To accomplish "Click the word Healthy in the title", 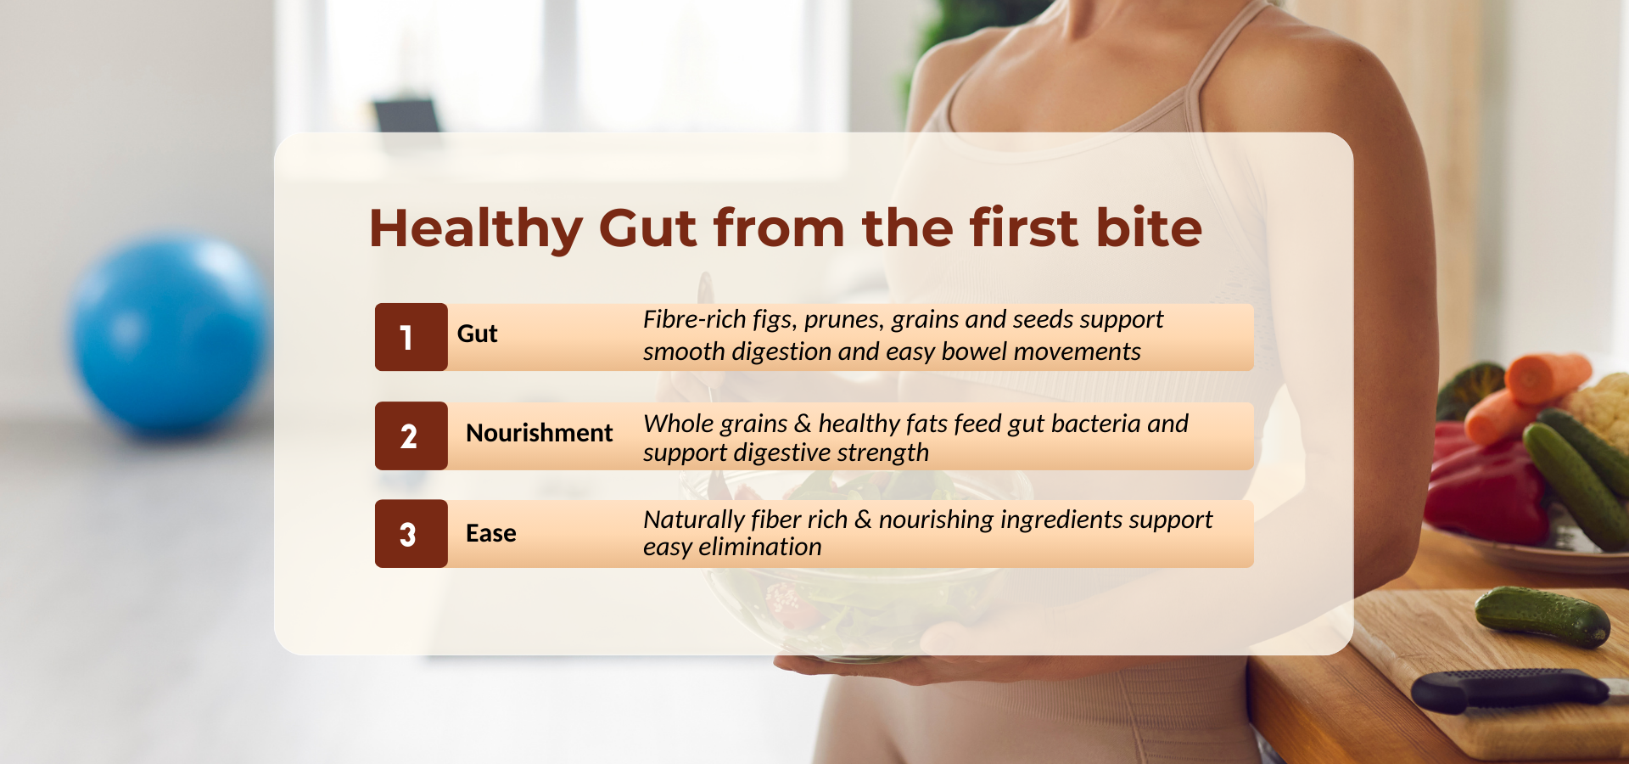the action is click(x=476, y=228).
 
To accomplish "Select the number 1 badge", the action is click(x=411, y=337).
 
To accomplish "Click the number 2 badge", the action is click(x=411, y=435).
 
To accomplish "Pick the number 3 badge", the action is click(x=411, y=534).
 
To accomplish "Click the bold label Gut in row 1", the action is click(x=478, y=334).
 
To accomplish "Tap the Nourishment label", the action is click(x=540, y=433).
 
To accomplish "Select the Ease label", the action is click(x=491, y=533).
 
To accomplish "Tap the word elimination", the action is click(x=760, y=547).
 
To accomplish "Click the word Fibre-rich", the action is click(x=695, y=319).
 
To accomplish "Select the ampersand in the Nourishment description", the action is click(x=803, y=423).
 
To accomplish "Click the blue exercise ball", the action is click(x=170, y=334).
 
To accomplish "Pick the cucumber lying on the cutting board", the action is click(x=1542, y=616).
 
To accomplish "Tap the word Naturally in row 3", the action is click(x=694, y=520).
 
